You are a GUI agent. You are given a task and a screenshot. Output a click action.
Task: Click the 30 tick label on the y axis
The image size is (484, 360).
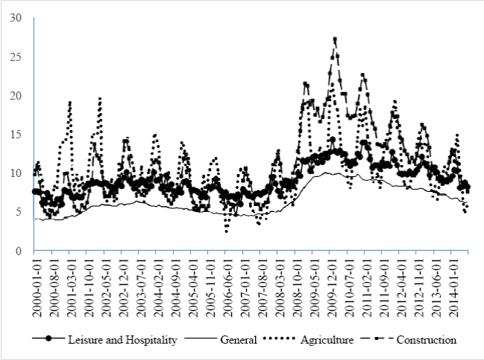tap(15, 18)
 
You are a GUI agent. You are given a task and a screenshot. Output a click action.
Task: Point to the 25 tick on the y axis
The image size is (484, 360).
tap(15, 57)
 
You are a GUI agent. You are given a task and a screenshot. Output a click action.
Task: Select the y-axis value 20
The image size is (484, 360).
tap(15, 96)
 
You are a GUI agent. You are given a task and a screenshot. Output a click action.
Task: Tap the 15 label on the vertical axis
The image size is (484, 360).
tap(15, 135)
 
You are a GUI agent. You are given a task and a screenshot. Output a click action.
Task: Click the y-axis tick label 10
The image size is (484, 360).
tap(15, 173)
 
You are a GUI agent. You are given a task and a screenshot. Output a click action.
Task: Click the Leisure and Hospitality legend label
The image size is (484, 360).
tap(122, 340)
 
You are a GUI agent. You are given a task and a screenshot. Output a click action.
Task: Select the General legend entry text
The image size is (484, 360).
tap(239, 340)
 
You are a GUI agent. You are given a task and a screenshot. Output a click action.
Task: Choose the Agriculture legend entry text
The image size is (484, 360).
tap(329, 340)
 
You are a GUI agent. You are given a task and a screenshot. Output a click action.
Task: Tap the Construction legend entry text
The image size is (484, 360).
tap(427, 340)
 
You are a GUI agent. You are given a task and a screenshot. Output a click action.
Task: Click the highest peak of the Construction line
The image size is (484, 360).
tap(335, 39)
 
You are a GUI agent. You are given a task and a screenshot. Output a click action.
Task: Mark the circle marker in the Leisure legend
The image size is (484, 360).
tap(49, 340)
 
